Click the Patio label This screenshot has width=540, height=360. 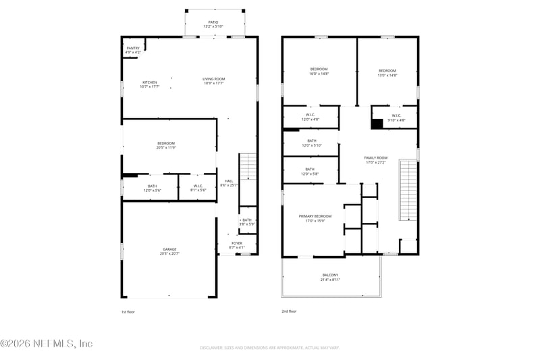point(213,25)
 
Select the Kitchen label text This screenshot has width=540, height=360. point(149,84)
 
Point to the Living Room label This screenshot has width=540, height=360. point(213,81)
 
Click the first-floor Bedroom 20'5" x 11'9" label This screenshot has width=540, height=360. point(166,145)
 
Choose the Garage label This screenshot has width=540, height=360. point(169,251)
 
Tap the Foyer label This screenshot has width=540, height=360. point(237,245)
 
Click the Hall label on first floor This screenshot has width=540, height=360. point(229,183)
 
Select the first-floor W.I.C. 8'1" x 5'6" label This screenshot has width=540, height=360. point(198,188)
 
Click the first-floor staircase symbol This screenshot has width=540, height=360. point(248,168)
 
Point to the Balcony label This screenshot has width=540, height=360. point(330,277)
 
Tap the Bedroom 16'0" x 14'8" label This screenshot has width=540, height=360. point(319,72)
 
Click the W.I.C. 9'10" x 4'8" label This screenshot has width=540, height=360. point(396,117)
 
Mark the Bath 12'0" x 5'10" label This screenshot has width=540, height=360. point(311,143)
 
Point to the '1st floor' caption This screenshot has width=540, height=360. point(128,311)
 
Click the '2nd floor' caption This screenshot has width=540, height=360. point(289,311)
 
